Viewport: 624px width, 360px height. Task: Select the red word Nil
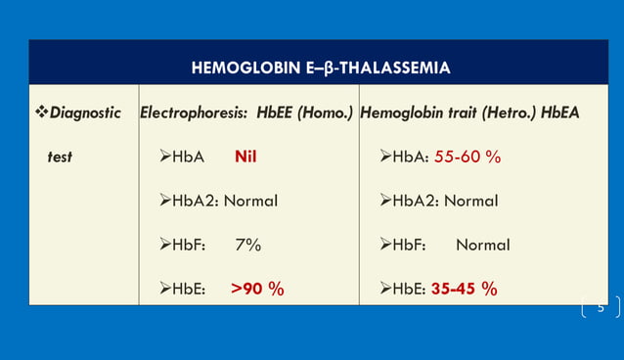tap(245, 157)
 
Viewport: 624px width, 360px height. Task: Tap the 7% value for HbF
tap(247, 245)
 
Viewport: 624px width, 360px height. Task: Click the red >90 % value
tap(257, 289)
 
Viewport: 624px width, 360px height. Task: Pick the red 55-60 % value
tap(468, 157)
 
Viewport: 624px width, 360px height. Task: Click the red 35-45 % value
tap(464, 289)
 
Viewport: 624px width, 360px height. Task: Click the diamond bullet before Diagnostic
tap(40, 112)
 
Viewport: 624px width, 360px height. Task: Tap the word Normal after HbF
tap(482, 245)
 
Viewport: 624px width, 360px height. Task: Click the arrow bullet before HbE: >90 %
tap(164, 289)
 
